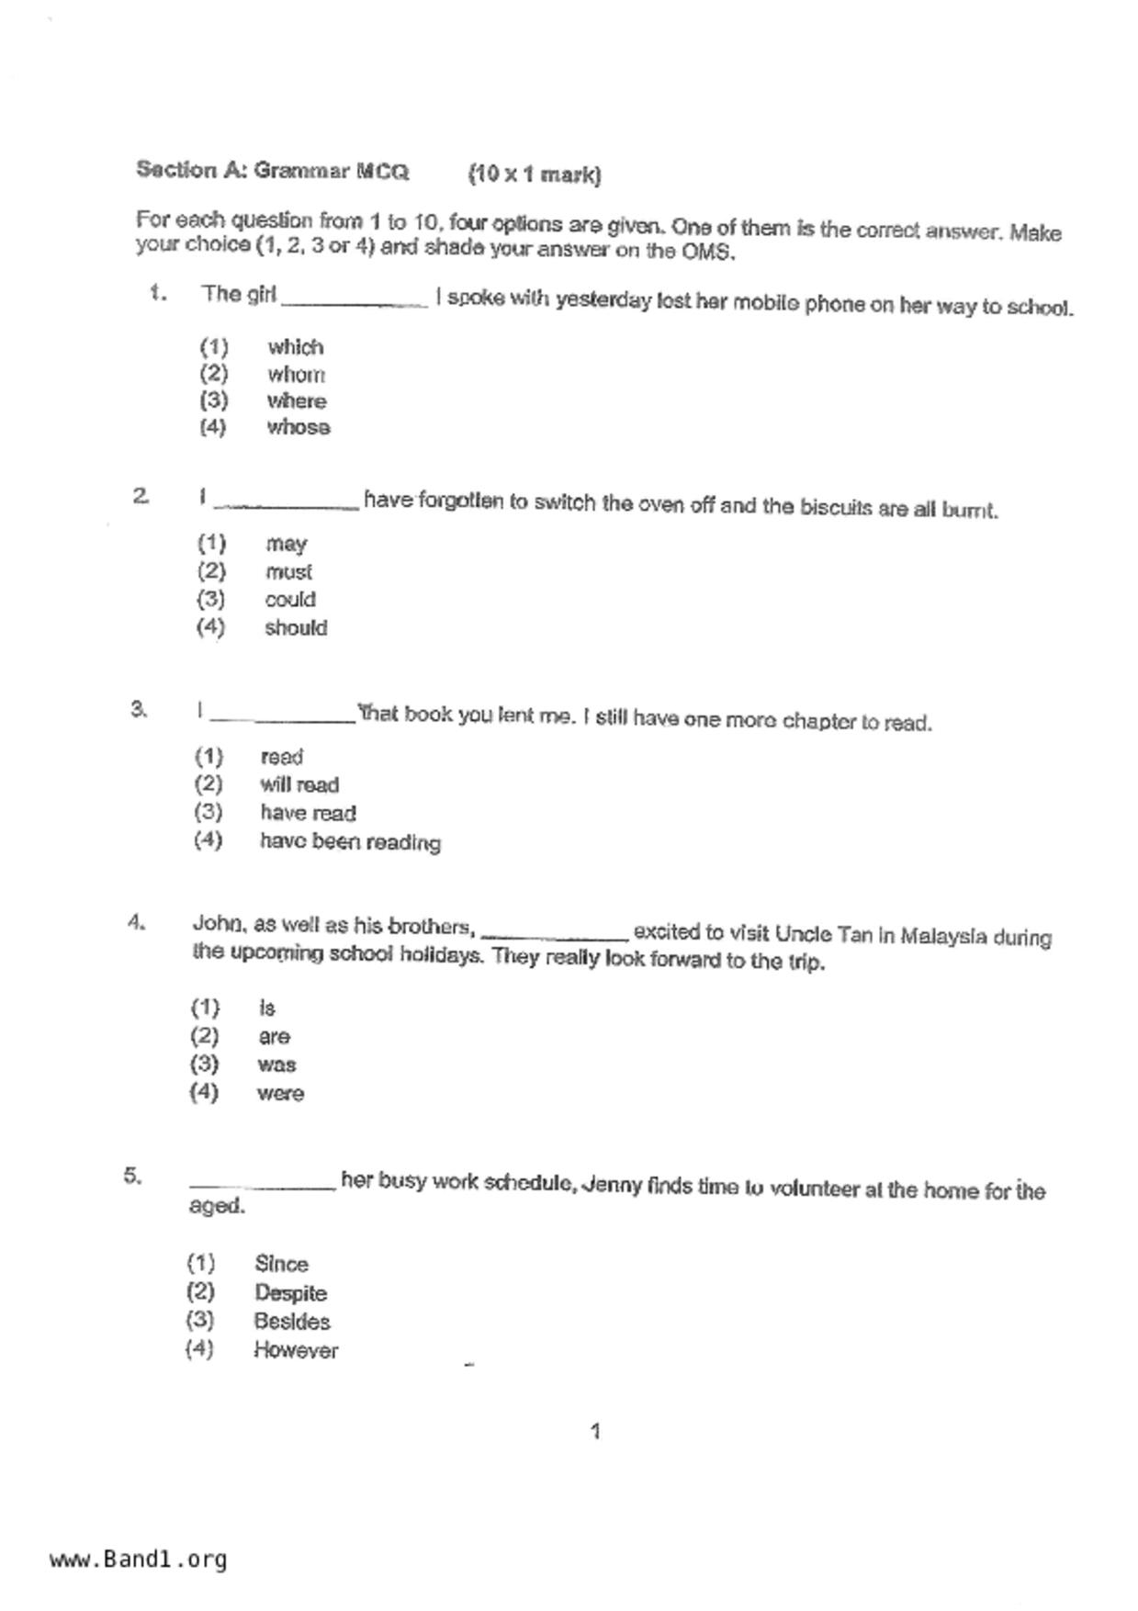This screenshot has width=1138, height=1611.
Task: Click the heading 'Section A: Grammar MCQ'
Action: click(272, 171)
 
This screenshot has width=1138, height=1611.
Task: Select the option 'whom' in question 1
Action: click(296, 375)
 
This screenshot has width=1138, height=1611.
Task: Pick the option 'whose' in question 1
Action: click(299, 428)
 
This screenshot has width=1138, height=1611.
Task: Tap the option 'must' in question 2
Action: click(288, 572)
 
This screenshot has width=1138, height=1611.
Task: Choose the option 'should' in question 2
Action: click(296, 628)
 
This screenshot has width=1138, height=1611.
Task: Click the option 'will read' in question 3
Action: click(299, 785)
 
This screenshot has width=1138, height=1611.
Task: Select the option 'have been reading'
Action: click(350, 842)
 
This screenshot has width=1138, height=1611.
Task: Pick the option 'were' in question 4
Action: click(280, 1094)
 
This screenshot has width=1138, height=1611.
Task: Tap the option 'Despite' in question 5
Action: click(290, 1293)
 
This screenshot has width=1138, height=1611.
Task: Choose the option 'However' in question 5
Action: click(296, 1351)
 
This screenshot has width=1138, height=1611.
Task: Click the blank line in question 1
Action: click(355, 304)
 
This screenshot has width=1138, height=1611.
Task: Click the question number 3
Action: click(139, 709)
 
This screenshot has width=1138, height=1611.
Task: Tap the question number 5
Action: click(133, 1176)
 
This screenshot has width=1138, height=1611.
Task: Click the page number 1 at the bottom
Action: click(595, 1431)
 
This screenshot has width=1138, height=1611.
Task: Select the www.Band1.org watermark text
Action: click(138, 1560)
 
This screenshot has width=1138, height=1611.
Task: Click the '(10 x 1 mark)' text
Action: click(535, 175)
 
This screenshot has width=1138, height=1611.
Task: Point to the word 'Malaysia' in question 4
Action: click(943, 936)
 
